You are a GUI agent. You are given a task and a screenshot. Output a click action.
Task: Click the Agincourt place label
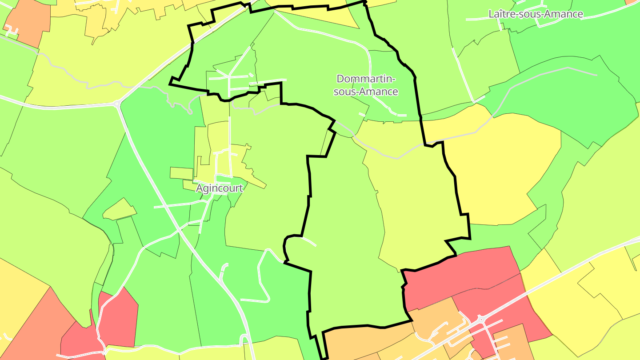click(x=220, y=188)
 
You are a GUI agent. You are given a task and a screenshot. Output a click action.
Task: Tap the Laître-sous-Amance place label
click(x=536, y=14)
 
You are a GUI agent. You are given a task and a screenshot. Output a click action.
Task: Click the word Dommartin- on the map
click(x=365, y=79)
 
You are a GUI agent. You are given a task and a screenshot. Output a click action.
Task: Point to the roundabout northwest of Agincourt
click(x=117, y=104)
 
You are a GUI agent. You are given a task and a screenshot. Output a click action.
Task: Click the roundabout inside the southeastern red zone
click(x=481, y=319)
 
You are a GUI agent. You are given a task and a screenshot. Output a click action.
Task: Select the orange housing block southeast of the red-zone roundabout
click(x=509, y=340)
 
